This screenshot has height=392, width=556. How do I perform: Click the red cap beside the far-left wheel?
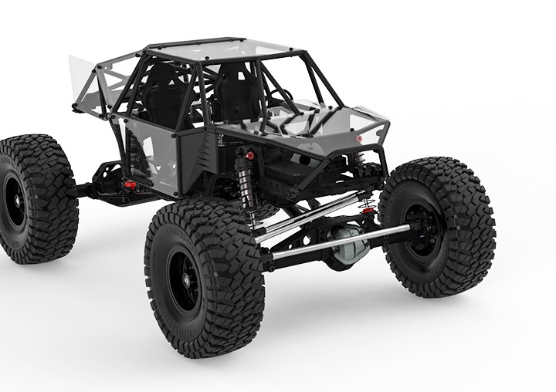coord(131,186)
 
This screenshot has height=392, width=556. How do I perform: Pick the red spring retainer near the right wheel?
coord(368,206)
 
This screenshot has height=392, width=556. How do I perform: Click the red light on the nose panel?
coord(359,139)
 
